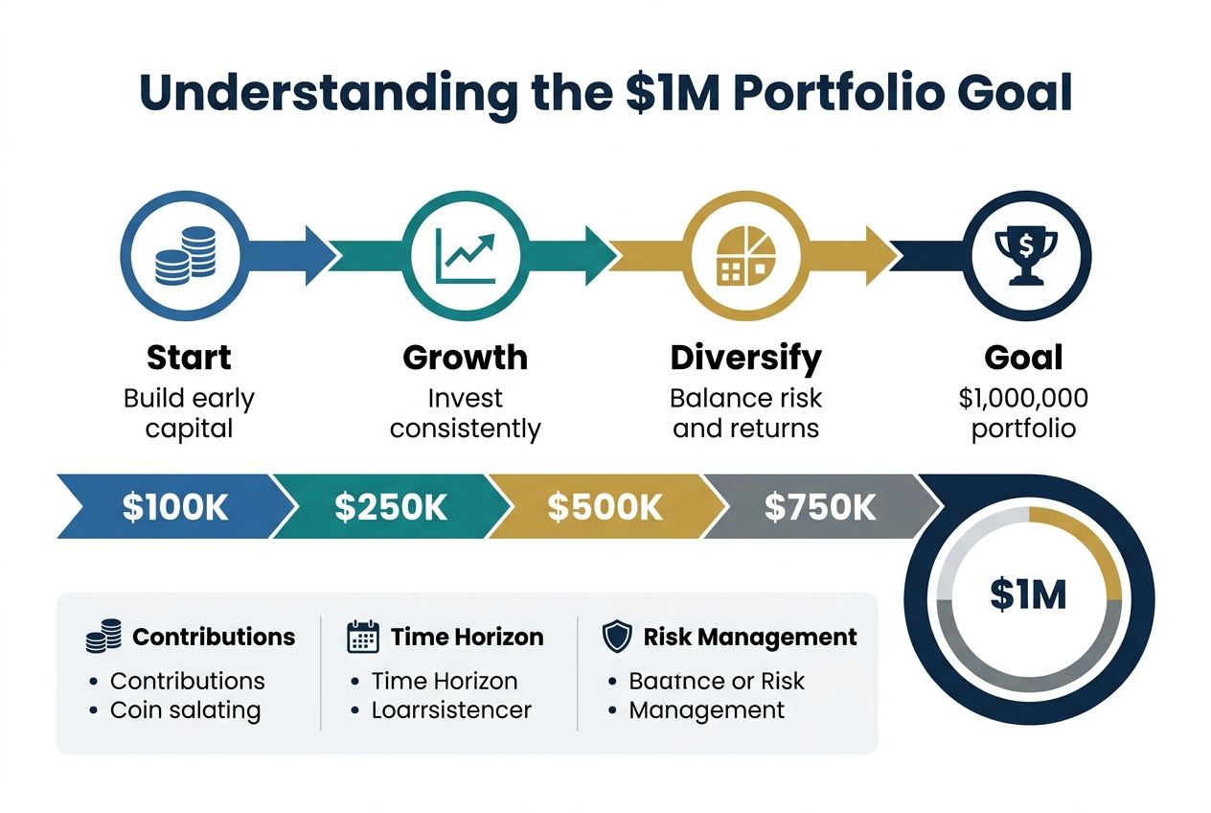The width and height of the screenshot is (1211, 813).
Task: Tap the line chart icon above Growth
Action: tap(466, 255)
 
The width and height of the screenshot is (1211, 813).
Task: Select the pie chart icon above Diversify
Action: tap(745, 255)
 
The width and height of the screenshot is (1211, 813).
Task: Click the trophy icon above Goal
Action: tap(1024, 255)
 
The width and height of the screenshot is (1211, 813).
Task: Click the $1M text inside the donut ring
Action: tap(1028, 595)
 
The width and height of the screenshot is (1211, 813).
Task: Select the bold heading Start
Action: tap(189, 358)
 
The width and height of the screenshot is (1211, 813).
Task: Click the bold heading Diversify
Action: tap(745, 358)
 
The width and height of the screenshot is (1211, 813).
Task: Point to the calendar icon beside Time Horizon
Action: tap(362, 638)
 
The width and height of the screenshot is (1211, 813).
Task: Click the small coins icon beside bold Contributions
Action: tap(103, 637)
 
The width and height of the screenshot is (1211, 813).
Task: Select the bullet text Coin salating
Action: tap(185, 710)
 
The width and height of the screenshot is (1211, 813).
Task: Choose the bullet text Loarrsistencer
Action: tap(451, 710)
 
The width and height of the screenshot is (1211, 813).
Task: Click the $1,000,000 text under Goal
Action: tap(1023, 398)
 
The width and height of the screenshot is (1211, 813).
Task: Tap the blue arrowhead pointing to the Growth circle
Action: tap(318, 255)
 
